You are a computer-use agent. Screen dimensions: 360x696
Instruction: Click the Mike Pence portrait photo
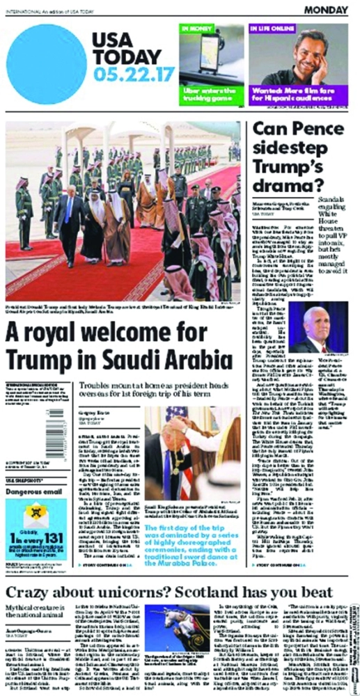click(317, 326)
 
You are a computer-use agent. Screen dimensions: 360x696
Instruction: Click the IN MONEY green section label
click(198, 29)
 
